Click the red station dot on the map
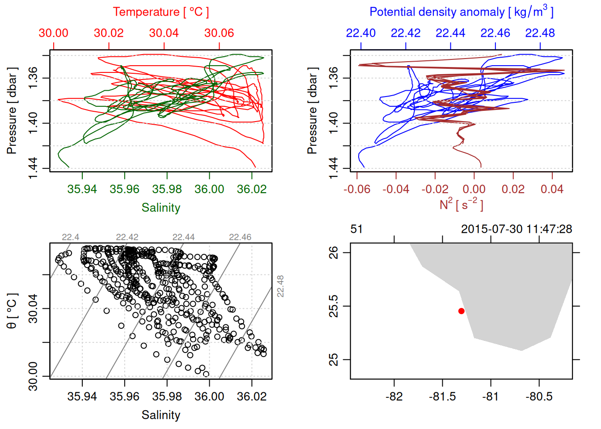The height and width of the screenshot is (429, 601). coord(461,311)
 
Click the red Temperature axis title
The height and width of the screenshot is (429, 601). coord(161,12)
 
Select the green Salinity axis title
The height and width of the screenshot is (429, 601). coord(161,208)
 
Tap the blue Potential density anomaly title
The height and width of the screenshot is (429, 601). coord(461,12)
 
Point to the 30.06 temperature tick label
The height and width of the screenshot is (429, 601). coord(219,33)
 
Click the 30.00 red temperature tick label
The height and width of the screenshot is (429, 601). coord(54,33)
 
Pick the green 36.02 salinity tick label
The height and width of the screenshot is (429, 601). coord(252,189)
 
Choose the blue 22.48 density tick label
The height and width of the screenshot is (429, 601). coord(540,33)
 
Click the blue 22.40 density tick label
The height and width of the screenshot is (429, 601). coord(361,33)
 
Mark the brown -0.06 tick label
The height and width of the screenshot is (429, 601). coord(357,189)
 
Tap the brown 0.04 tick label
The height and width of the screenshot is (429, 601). coord(552,189)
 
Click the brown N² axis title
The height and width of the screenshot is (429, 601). coord(461,204)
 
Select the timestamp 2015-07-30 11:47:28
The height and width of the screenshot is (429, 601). coord(516,229)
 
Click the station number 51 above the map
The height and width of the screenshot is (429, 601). coord(356,229)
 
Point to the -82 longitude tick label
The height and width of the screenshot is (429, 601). coord(394,396)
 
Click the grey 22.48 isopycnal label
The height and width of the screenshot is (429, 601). coord(280,286)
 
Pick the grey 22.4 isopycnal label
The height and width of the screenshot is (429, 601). coord(71,237)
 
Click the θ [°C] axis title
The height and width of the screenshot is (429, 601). coord(12,311)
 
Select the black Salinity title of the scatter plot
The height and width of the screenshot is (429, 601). coord(161,415)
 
